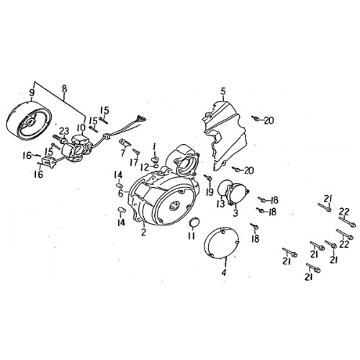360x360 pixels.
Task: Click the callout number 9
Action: (x=32, y=91)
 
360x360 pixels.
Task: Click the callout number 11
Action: (x=191, y=235)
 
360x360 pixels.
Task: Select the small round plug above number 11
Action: (x=192, y=220)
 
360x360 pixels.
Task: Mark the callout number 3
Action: (x=235, y=212)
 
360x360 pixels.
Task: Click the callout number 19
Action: (x=210, y=193)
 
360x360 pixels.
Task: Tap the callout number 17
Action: (x=134, y=162)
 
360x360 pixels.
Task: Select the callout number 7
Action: (x=122, y=153)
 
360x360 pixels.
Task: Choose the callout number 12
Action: (x=145, y=167)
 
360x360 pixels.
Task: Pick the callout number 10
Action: (x=81, y=127)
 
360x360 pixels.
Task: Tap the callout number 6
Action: (x=118, y=193)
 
